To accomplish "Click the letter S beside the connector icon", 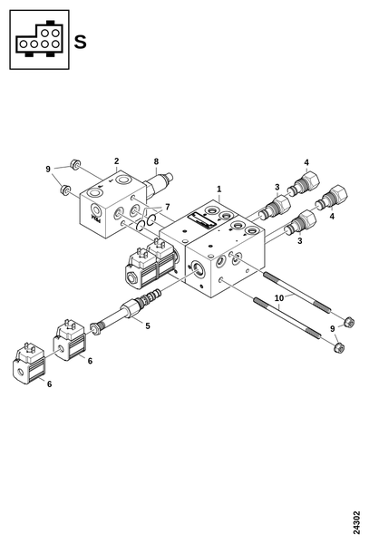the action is tap(80, 42).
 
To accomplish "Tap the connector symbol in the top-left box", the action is tap(39, 40).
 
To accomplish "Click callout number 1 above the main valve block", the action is tap(218, 189).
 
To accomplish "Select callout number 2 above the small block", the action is tap(117, 161).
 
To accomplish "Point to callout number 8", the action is tap(156, 161).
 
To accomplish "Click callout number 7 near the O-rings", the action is tap(168, 207).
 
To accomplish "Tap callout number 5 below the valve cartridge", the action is tap(148, 325).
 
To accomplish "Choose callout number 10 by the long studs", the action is tap(279, 298).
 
